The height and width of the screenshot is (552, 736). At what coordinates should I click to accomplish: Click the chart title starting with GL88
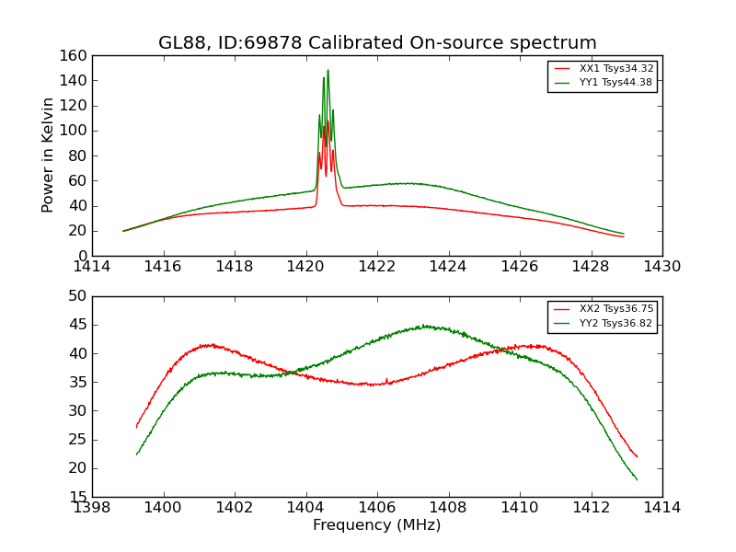377,43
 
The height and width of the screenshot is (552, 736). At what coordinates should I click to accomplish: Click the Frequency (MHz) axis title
377,525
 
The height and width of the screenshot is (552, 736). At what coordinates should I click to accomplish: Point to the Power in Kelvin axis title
48,155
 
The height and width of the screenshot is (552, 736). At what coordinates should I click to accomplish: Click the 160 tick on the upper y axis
77,55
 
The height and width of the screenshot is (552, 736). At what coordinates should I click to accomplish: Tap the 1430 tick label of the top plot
661,267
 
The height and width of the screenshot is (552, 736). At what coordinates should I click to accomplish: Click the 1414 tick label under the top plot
93,267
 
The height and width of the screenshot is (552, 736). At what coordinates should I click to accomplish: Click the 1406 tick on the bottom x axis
377,507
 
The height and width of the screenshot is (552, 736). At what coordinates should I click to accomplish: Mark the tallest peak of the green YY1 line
328,71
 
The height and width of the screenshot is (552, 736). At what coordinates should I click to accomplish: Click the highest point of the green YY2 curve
424,325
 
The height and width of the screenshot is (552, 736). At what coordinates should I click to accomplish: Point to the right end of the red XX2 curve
637,457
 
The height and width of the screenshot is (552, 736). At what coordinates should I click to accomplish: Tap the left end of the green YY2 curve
137,454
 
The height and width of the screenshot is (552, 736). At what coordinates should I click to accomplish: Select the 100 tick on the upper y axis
77,131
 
